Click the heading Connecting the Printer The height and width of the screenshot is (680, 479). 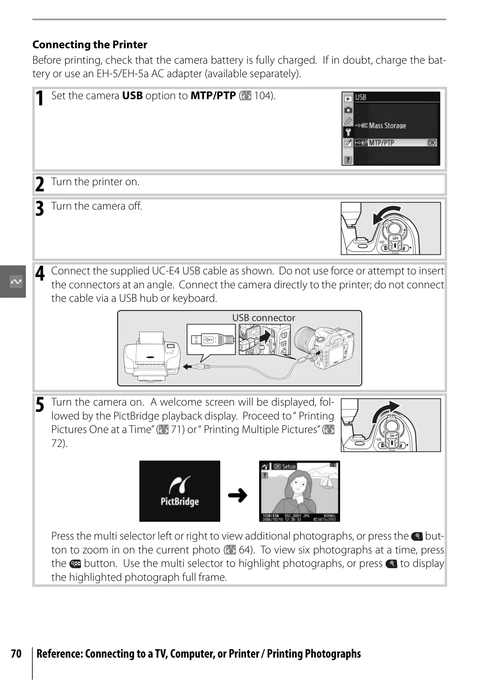[90, 45]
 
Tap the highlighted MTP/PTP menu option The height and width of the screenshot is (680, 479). [396, 143]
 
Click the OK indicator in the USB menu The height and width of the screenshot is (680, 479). [432, 143]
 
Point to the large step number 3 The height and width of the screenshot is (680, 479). [40, 209]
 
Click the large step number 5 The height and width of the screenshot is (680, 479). [40, 405]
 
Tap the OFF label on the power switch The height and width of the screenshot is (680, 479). [395, 239]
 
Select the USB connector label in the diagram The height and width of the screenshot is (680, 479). [263, 318]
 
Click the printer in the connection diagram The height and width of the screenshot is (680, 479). [152, 357]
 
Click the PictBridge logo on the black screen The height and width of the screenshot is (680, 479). [180, 491]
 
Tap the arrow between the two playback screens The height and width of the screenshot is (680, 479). [238, 495]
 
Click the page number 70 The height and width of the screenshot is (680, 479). [16, 654]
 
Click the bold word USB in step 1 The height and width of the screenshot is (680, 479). [132, 96]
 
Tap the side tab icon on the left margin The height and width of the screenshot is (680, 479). [16, 282]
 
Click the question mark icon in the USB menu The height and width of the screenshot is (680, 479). [348, 159]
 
